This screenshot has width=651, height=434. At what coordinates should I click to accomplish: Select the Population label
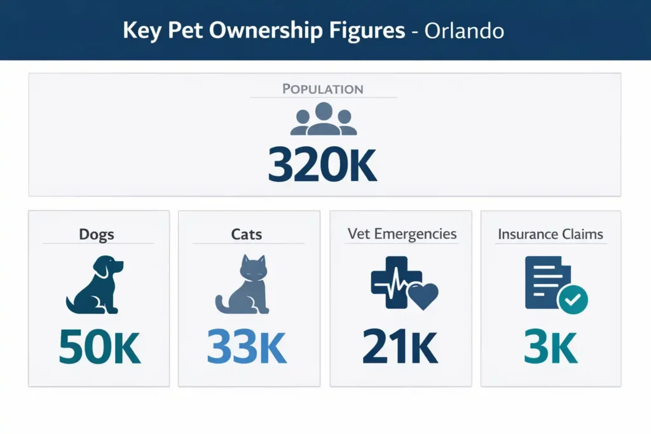(323, 88)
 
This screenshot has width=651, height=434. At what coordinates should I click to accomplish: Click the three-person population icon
(323, 119)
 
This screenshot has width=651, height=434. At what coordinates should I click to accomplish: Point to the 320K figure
(322, 166)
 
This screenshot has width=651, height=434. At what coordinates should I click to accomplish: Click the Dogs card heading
(97, 234)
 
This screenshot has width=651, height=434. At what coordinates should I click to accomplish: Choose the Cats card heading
(247, 234)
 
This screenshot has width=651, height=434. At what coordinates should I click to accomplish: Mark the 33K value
(247, 346)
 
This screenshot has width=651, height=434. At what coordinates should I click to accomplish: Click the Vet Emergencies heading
(402, 233)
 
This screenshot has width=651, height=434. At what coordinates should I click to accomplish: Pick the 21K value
(400, 346)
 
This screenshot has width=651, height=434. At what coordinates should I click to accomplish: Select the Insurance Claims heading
(551, 234)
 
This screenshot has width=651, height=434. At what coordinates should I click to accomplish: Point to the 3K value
(551, 346)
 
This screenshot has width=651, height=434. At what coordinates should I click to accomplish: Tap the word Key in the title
(141, 31)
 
